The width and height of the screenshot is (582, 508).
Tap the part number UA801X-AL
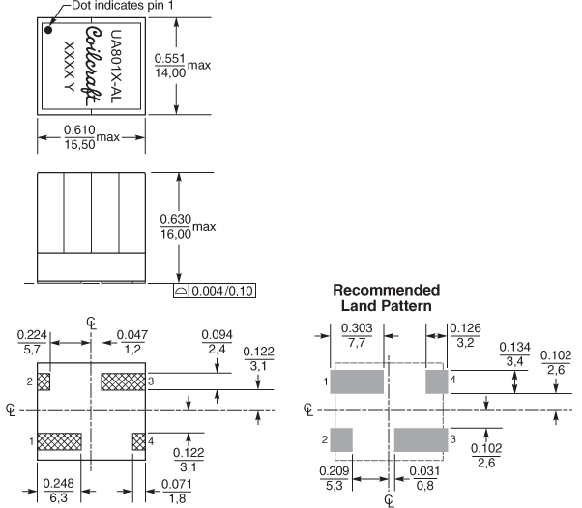(x=117, y=63)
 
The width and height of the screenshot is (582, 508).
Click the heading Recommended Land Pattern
(x=386, y=297)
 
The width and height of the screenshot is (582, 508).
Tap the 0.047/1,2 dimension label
(x=131, y=342)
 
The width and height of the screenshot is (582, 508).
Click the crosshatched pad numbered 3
(x=123, y=381)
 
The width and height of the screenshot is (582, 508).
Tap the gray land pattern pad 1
(x=358, y=381)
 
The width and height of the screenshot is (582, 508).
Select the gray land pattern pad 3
(x=421, y=439)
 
